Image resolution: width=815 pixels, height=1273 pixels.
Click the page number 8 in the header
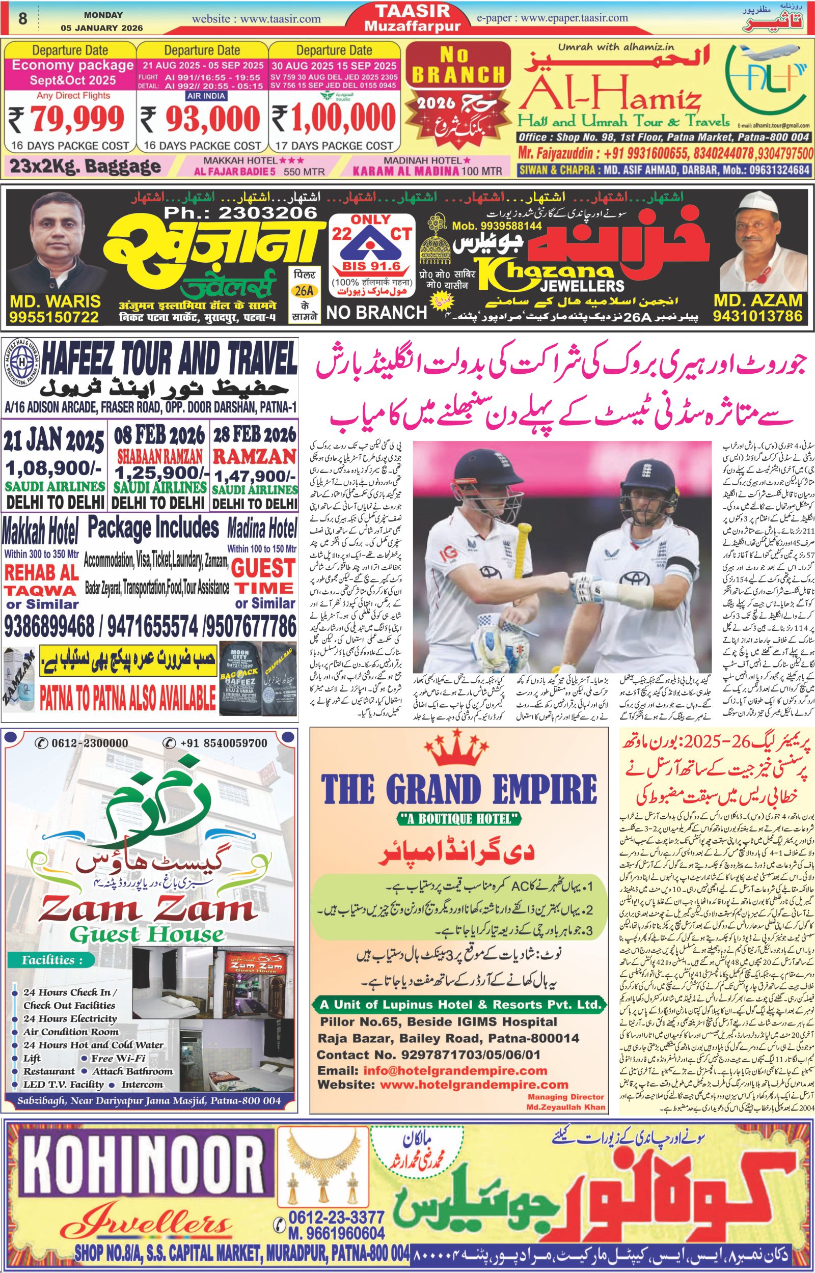[22, 19]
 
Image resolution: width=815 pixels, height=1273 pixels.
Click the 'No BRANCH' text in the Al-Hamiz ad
[458, 66]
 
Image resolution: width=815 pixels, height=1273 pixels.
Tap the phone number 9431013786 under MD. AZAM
[758, 316]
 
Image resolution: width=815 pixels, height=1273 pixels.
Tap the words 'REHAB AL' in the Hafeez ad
[42, 572]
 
